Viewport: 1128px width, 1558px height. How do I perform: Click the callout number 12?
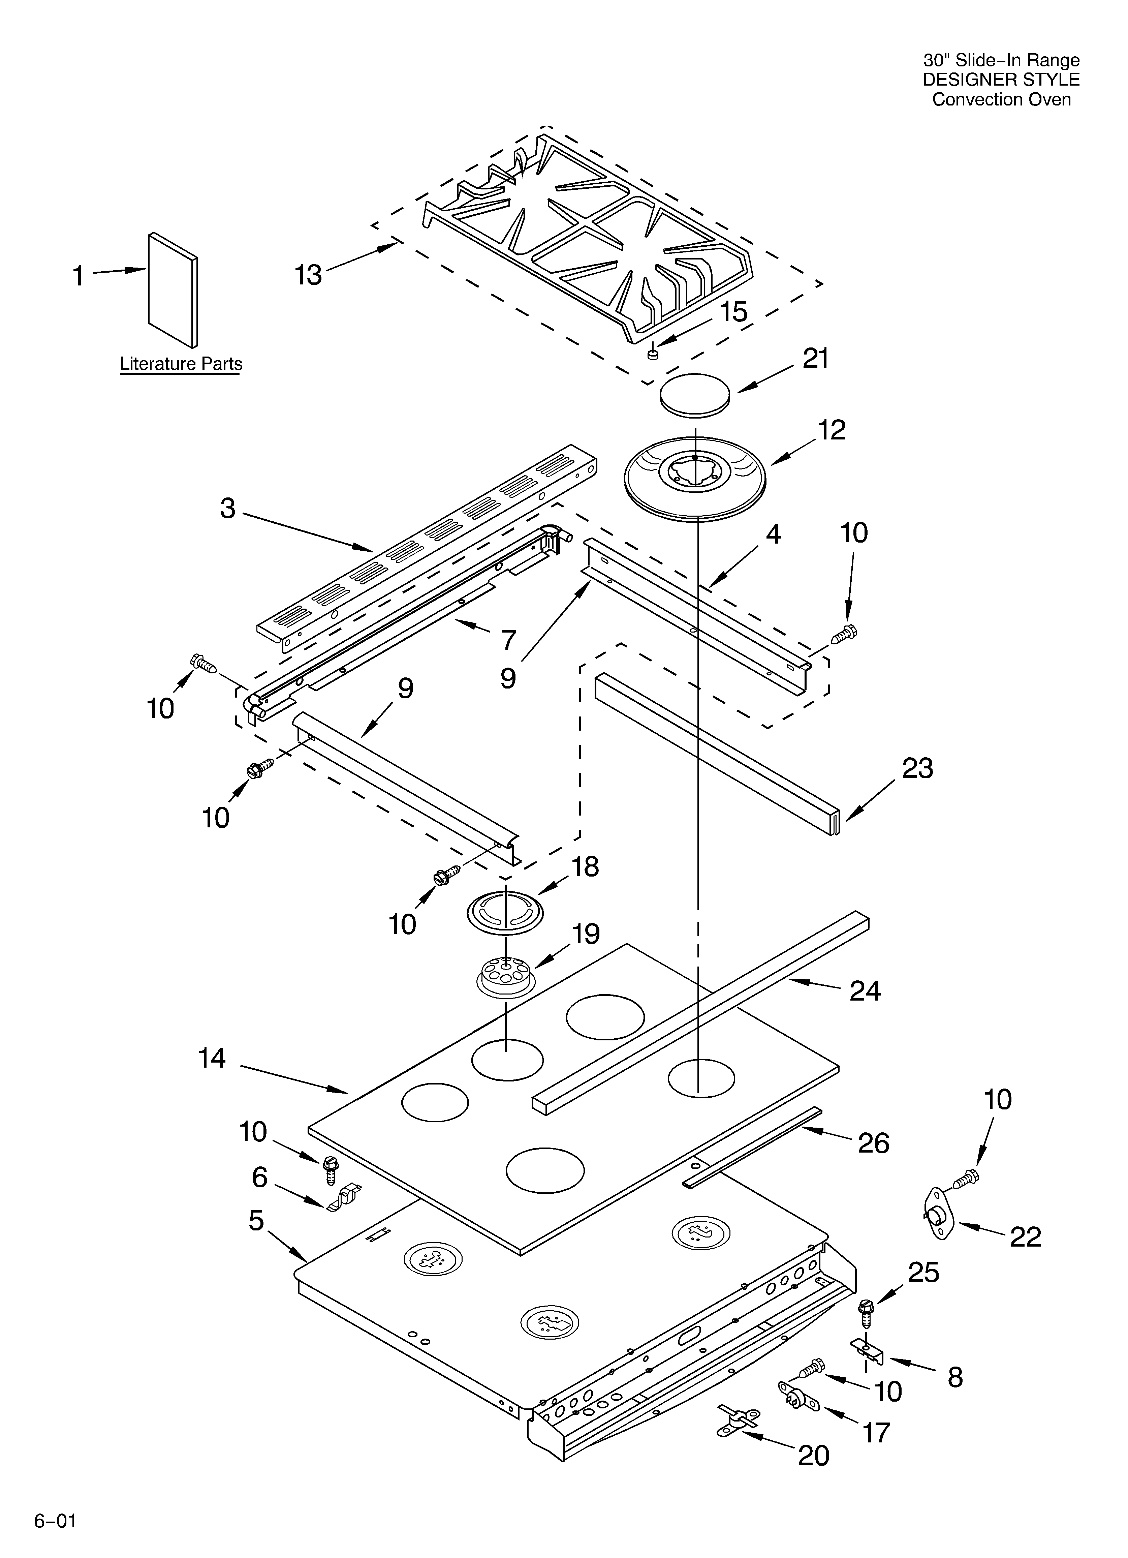pos(831,430)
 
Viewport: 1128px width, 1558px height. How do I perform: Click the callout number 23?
pos(917,768)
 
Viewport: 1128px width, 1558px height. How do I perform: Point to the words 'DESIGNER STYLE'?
pos(1001,80)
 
